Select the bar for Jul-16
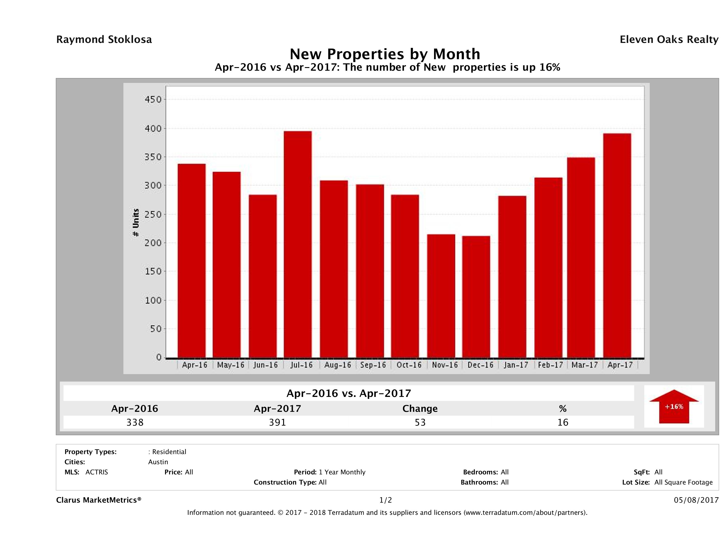(298, 244)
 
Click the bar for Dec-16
(476, 297)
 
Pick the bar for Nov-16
(441, 296)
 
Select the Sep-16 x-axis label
(373, 365)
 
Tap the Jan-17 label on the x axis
(516, 365)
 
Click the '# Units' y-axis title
(136, 223)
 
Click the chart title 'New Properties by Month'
(385, 54)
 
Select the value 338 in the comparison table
(135, 422)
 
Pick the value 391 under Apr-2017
(277, 422)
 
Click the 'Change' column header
(420, 409)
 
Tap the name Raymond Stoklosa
(104, 40)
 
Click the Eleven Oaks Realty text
(669, 40)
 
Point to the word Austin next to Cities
(158, 462)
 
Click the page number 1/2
(385, 500)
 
